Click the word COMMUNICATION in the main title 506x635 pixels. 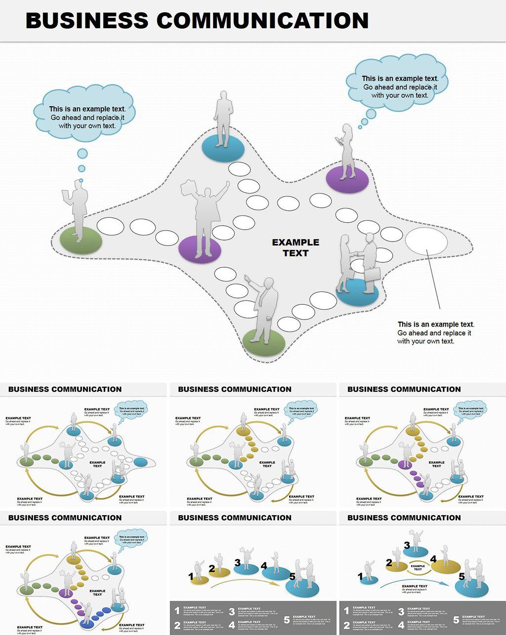point(262,21)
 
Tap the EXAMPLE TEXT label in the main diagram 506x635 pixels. point(295,247)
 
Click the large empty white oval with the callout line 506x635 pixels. point(426,241)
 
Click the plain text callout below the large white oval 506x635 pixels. point(435,333)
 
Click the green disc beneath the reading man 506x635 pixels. point(81,241)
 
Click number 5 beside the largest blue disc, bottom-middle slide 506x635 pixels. point(292,577)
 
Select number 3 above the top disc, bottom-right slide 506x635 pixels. point(407,545)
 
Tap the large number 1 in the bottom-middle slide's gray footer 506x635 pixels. point(177,611)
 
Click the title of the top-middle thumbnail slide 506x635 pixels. point(235,389)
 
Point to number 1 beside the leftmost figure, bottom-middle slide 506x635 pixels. point(191,576)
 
